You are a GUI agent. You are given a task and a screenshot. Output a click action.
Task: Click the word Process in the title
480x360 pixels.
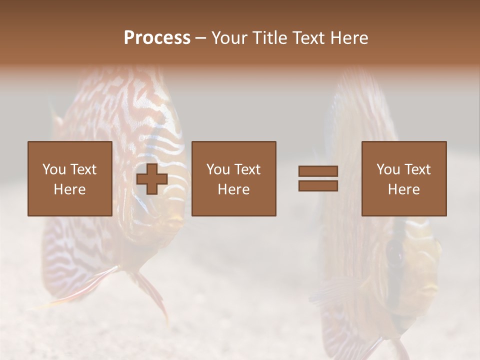[157, 37]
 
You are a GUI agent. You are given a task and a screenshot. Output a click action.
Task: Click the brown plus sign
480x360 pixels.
[152, 179]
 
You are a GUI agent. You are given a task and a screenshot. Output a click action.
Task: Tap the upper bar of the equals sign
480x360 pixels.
[318, 171]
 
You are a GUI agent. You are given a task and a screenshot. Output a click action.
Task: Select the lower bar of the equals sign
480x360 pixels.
[318, 186]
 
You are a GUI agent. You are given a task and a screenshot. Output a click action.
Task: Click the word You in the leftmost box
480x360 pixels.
[53, 169]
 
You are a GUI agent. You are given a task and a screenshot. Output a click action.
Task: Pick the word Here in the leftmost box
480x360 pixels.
[69, 189]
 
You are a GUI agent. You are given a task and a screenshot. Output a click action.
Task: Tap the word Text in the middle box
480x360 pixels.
[247, 169]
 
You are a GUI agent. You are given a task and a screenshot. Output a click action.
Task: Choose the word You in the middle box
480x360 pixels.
[218, 169]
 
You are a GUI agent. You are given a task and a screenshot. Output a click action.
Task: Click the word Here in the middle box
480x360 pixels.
[234, 189]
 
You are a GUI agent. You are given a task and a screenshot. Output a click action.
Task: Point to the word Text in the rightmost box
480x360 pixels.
[417, 169]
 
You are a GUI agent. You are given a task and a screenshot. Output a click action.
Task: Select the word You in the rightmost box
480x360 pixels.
[388, 169]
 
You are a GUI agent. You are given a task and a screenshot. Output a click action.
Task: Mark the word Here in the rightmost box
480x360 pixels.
[404, 189]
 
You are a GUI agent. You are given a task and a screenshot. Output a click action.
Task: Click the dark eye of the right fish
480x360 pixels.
[394, 252]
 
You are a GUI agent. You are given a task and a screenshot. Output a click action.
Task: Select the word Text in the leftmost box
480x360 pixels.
[83, 169]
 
